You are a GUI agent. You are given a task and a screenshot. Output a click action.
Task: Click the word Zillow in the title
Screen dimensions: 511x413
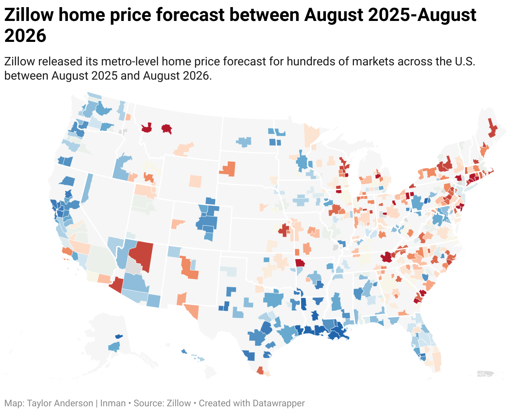click(29, 15)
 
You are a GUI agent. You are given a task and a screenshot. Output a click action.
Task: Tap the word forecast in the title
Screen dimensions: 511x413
click(191, 15)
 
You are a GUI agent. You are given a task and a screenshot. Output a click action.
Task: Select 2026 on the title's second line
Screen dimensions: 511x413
click(25, 36)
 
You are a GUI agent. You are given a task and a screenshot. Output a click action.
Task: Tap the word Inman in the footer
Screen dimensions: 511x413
click(113, 403)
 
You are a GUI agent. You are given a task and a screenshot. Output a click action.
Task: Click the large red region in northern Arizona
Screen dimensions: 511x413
click(142, 256)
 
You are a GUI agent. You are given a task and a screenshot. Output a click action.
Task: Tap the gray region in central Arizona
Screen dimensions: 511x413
click(133, 266)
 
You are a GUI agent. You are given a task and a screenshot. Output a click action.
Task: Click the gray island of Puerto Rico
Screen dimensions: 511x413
click(485, 374)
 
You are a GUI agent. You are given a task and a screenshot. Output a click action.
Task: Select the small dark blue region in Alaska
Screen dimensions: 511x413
click(119, 336)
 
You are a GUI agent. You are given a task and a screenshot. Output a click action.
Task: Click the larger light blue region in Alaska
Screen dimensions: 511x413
click(114, 347)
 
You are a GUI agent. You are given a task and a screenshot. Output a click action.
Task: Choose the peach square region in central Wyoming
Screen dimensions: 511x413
click(195, 181)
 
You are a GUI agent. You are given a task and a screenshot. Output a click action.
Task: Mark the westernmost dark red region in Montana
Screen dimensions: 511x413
click(147, 128)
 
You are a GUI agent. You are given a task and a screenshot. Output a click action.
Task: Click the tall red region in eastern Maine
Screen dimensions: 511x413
click(492, 128)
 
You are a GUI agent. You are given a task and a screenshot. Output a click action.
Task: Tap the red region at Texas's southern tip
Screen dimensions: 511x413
click(260, 370)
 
